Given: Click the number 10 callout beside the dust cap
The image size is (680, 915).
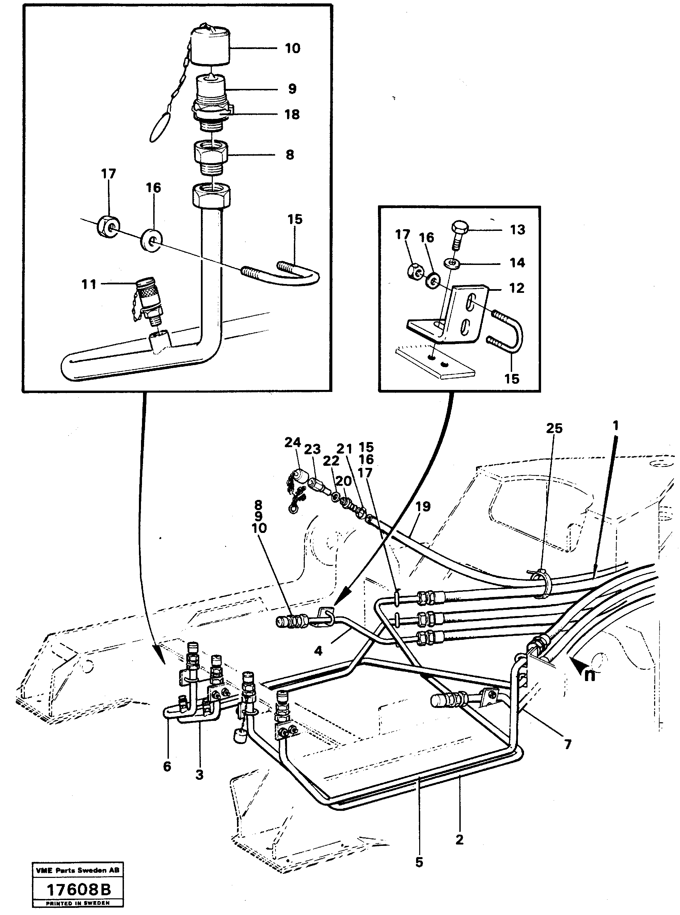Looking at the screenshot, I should [292, 49].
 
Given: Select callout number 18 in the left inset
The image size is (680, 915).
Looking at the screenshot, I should [292, 114].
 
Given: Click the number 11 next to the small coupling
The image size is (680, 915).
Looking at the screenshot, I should [89, 284].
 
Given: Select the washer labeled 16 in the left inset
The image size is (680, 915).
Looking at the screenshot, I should [152, 240].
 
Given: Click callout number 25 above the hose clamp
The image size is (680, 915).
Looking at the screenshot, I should [554, 428].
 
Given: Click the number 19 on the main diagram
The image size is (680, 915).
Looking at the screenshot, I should [423, 506].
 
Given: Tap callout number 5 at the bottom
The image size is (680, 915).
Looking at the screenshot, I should [419, 862].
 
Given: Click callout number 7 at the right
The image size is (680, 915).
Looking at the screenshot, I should [568, 744].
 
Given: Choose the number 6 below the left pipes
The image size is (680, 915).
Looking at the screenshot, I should [167, 767].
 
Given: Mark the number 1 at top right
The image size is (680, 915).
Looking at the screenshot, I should [615, 426].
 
